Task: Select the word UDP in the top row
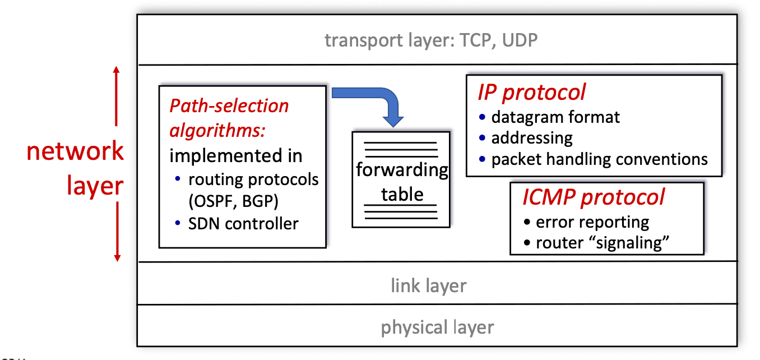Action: (x=520, y=40)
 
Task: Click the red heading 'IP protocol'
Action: (x=532, y=93)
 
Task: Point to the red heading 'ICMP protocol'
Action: (x=594, y=197)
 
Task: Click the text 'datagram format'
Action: (x=555, y=117)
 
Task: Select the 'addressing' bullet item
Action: (x=532, y=138)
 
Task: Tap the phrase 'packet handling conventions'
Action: (x=600, y=159)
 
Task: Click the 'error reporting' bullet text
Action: (x=592, y=222)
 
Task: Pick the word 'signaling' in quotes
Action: (x=629, y=243)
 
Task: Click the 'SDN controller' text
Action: (x=243, y=224)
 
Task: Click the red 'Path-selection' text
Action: (x=229, y=105)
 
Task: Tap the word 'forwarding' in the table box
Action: (x=402, y=170)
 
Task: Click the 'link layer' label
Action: (x=429, y=285)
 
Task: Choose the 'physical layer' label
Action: (x=437, y=327)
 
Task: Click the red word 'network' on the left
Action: (x=75, y=151)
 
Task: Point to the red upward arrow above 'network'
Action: (x=117, y=96)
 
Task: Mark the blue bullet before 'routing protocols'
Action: (x=178, y=178)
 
